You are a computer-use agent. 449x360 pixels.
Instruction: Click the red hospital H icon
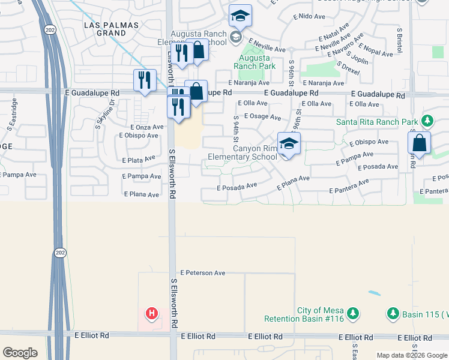[152, 313]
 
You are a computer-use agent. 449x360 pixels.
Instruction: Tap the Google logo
[20, 353]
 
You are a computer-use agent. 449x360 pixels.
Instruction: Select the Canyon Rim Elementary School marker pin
[289, 145]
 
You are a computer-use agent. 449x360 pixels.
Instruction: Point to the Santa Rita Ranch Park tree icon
[427, 122]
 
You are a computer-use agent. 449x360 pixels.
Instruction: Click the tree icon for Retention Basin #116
[353, 313]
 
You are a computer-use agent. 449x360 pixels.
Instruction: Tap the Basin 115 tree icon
[393, 313]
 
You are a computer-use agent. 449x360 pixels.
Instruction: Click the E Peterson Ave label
[202, 273]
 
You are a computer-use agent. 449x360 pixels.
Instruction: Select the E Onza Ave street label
[147, 127]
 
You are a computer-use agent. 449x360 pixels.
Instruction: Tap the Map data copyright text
[411, 355]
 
